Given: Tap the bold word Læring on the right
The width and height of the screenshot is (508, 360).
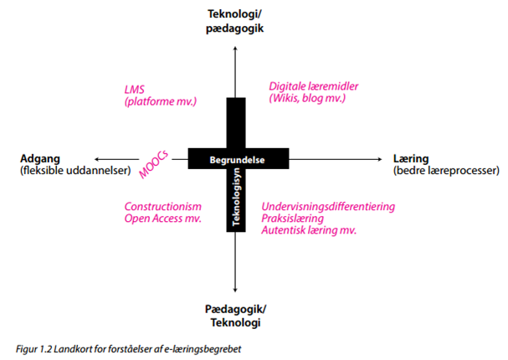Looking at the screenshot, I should (x=410, y=158).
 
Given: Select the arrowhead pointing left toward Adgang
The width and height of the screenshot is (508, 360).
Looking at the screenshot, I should (x=100, y=158).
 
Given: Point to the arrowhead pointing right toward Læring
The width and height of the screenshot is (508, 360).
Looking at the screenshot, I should (x=381, y=158).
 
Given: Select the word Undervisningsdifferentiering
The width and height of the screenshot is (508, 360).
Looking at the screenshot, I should (x=328, y=207).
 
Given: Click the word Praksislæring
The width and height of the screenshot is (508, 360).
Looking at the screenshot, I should (x=293, y=219).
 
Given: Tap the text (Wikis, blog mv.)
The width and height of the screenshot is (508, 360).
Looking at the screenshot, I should (x=307, y=99).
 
